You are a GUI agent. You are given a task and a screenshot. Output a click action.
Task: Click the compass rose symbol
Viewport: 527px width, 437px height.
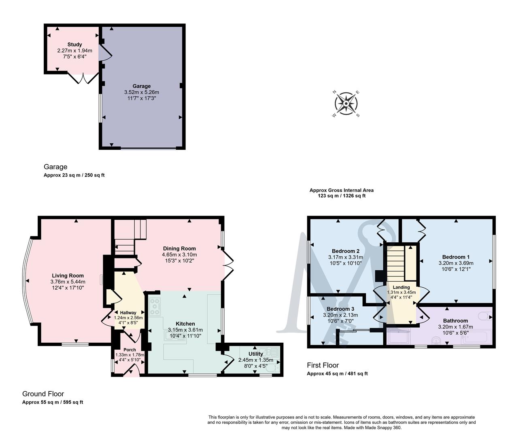click(x=346, y=104)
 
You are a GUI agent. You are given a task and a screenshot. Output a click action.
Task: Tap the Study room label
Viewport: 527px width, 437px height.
click(x=74, y=45)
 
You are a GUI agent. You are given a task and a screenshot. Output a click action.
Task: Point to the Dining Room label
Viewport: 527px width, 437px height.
click(x=179, y=248)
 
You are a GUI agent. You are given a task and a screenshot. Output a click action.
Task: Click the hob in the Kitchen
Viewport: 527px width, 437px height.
click(x=155, y=307)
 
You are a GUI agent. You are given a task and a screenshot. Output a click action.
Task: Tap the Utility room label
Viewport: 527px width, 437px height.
click(x=255, y=354)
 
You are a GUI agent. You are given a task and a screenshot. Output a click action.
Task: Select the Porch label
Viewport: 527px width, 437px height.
click(x=130, y=350)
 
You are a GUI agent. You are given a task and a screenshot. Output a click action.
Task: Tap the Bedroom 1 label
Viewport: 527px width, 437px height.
click(x=456, y=257)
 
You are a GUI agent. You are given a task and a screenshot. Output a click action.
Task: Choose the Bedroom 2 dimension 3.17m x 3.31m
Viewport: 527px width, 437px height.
click(x=346, y=257)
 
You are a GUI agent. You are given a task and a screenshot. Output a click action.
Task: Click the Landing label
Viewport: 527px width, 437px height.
click(x=401, y=287)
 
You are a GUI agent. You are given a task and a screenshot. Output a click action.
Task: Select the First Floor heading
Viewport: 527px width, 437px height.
click(x=323, y=365)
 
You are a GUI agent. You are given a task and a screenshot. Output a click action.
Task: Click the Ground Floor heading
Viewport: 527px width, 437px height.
click(x=43, y=394)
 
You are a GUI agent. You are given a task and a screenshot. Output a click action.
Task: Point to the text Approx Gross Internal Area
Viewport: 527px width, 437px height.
click(x=341, y=190)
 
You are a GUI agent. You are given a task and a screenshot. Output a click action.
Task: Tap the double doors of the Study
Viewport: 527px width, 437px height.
click(x=83, y=78)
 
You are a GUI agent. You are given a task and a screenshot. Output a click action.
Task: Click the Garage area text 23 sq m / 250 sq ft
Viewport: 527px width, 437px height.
click(x=74, y=175)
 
